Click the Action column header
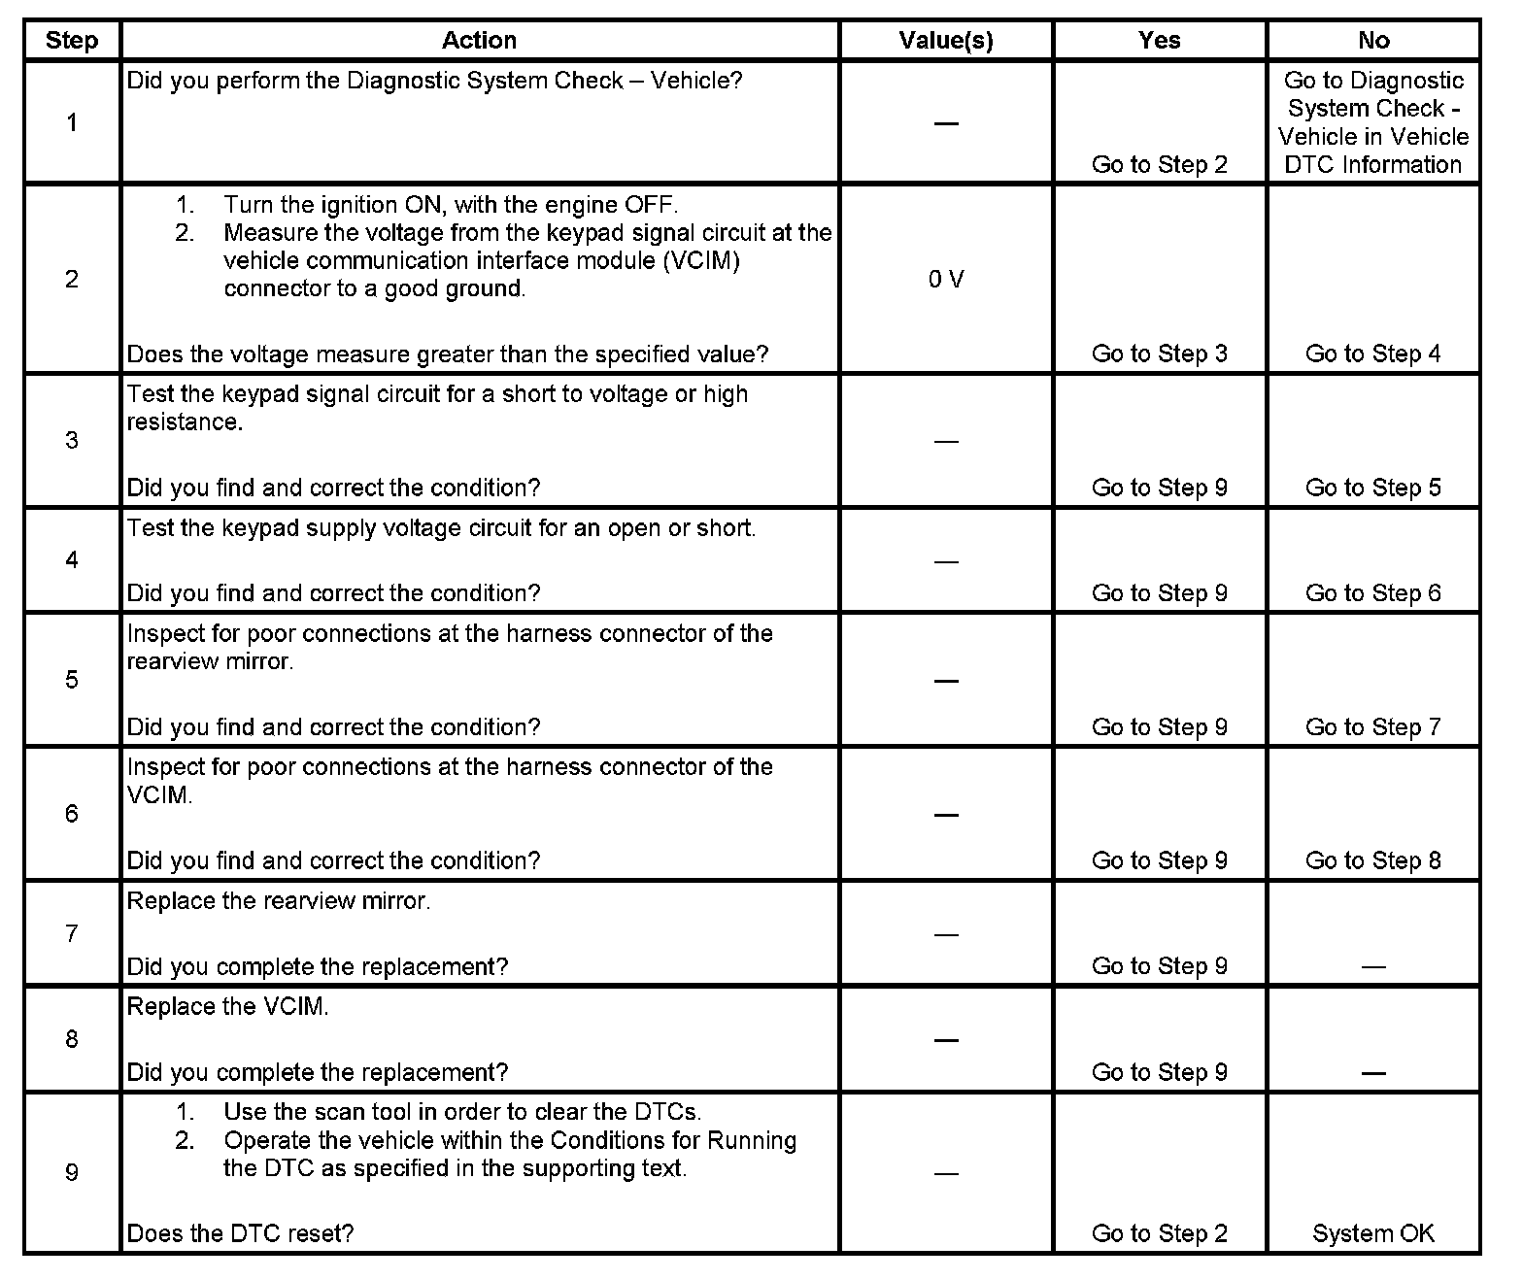click(479, 41)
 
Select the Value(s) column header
click(946, 41)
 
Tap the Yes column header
click(1160, 41)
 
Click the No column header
click(1373, 41)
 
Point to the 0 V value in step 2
click(946, 280)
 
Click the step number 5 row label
click(72, 680)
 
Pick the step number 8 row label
click(72, 1039)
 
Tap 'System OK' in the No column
click(1373, 1233)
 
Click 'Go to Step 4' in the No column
click(1373, 354)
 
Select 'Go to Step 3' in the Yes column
click(1160, 354)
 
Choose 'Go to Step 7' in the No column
click(1373, 726)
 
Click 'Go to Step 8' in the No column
click(1373, 860)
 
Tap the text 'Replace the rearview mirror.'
click(279, 901)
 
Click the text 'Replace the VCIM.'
click(228, 1007)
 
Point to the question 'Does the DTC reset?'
click(241, 1233)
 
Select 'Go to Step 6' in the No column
click(1373, 593)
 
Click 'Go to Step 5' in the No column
click(1373, 488)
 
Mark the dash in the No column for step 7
click(1373, 967)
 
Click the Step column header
click(72, 41)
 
